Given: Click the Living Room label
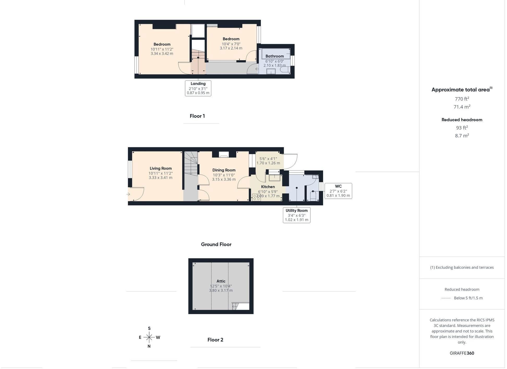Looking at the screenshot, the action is coord(161,168).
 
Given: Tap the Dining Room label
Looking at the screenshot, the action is coord(224,170).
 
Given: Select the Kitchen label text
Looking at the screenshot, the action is coord(268,187).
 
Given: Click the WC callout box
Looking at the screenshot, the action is coord(338,191).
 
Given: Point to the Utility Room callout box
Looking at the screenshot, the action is coord(297,215).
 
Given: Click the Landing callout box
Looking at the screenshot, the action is coord(198,88).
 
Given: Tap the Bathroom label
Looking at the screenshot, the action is coord(275,56).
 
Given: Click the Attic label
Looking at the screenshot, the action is coord(221,281).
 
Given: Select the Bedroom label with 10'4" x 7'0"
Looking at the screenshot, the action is coord(231,39).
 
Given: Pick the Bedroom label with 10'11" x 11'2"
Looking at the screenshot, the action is coord(162,45).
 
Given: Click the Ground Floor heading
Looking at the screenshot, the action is coord(216,244).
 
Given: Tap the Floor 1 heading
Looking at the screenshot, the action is coord(197,116).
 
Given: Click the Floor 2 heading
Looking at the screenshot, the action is coord(215,340).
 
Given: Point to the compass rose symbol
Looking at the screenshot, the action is coord(149,337).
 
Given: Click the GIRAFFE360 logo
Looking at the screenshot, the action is coord(462,353).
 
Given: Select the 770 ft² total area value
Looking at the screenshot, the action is coord(462,99).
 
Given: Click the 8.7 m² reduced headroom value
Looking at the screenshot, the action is coord(462,136).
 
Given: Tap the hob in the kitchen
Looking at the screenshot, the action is coord(256,197).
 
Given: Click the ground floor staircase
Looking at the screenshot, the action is coord(191,163).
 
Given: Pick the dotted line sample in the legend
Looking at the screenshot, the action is coord(446,298).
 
